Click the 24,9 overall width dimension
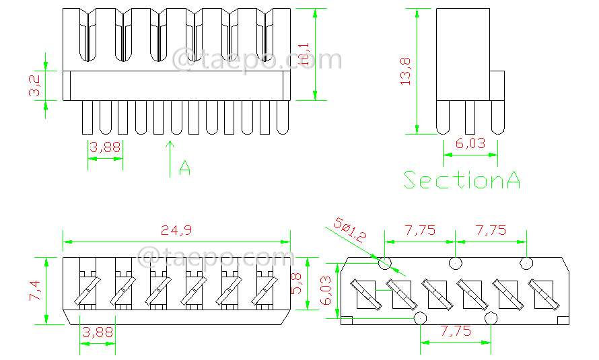pyautogui.click(x=176, y=230)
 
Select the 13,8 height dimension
pyautogui.click(x=406, y=71)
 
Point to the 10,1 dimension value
pyautogui.click(x=304, y=55)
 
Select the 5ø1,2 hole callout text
pyautogui.click(x=350, y=229)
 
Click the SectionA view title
pyautogui.click(x=462, y=180)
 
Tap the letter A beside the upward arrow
pyautogui.click(x=185, y=168)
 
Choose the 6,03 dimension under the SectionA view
pyautogui.click(x=470, y=143)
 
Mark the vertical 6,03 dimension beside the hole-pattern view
pyautogui.click(x=326, y=290)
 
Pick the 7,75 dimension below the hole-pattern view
pyautogui.click(x=455, y=331)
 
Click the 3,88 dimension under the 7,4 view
pyautogui.click(x=98, y=332)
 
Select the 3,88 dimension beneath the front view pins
pyautogui.click(x=105, y=148)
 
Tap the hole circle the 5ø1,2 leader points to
pyautogui.click(x=385, y=262)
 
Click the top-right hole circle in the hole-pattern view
pyautogui.click(x=526, y=262)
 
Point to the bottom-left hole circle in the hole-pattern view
pyautogui.click(x=420, y=318)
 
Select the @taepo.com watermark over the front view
pyautogui.click(x=258, y=59)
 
